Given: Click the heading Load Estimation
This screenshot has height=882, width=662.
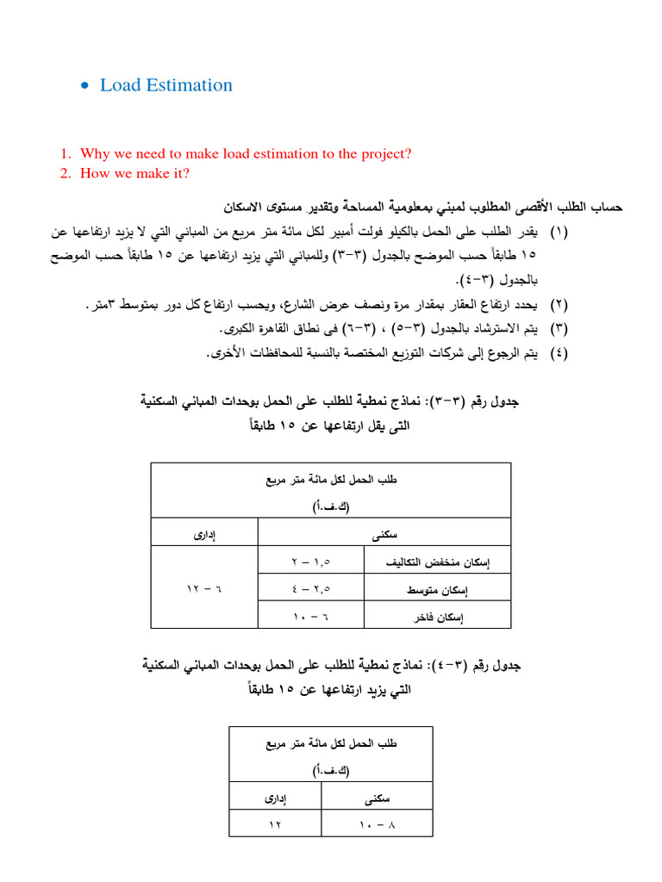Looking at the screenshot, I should coord(166,84).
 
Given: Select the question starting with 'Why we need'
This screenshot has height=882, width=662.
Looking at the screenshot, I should coord(246,153).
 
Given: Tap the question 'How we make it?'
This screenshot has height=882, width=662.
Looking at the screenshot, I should coord(134,173).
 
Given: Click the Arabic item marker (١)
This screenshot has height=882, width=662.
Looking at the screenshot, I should coord(559,233).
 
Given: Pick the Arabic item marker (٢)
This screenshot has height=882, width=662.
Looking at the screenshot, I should coord(559,305).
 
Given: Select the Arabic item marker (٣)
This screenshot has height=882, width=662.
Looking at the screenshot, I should coord(559,329).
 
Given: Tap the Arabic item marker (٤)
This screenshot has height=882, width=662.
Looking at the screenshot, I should coord(559,353).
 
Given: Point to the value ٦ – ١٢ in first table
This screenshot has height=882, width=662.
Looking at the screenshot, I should coord(204,588).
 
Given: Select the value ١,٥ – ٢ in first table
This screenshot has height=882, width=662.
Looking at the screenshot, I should coord(311,562).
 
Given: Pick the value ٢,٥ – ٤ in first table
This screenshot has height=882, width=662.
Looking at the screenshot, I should coord(311,588).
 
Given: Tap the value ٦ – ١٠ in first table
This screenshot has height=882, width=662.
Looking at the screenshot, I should coord(311,616).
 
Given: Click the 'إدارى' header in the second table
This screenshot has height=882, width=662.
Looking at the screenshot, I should coord(276,798).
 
